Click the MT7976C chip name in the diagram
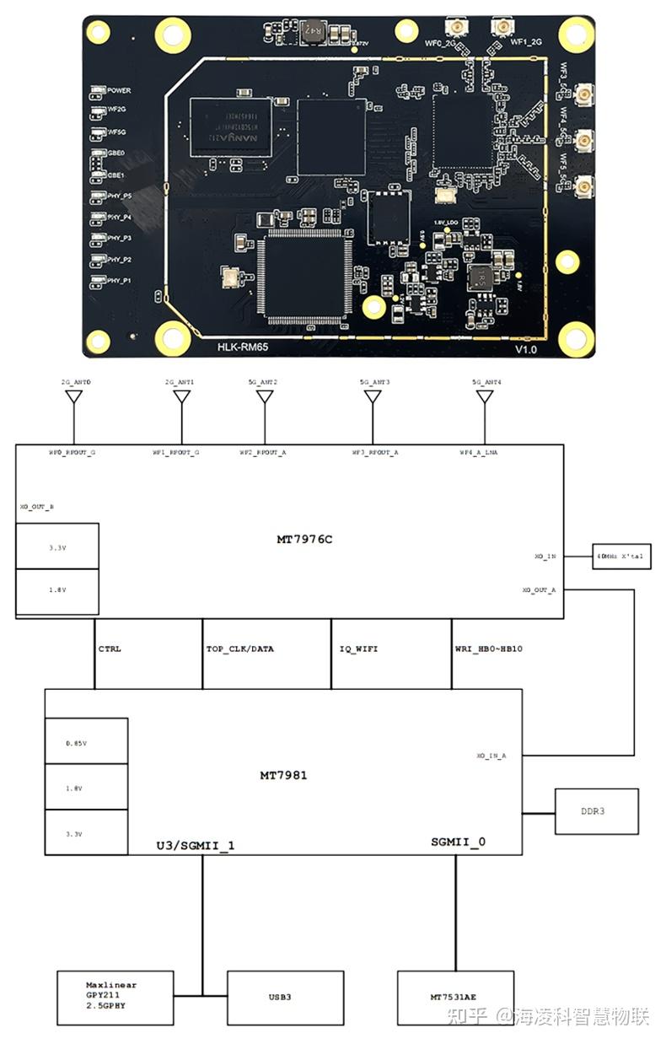click(x=304, y=539)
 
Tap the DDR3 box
click(x=596, y=811)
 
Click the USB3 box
click(x=285, y=997)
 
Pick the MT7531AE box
click(x=456, y=997)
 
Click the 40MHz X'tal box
click(x=621, y=556)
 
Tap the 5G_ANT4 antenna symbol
click(x=483, y=396)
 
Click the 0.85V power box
click(x=86, y=742)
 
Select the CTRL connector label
click(x=110, y=648)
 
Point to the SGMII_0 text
click(x=458, y=842)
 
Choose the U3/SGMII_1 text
click(x=196, y=844)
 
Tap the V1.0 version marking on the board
click(x=525, y=348)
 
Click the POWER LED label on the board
click(x=118, y=90)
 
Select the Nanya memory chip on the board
click(x=230, y=126)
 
